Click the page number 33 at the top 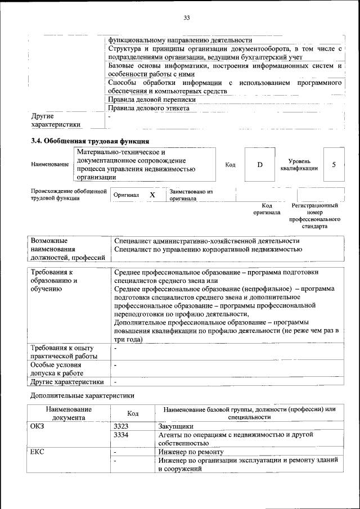pyautogui.click(x=186, y=18)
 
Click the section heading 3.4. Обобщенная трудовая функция pyautogui.click(x=90, y=141)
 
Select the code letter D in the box pyautogui.click(x=260, y=165)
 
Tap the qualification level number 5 pyautogui.click(x=334, y=165)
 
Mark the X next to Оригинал pyautogui.click(x=152, y=195)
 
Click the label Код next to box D pyautogui.click(x=230, y=165)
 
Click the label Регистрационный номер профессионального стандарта pyautogui.click(x=314, y=216)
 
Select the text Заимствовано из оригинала pyautogui.click(x=191, y=195)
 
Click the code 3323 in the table pyautogui.click(x=121, y=426)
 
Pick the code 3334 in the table pyautogui.click(x=121, y=435)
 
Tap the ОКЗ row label pyautogui.click(x=37, y=426)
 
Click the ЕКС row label pyautogui.click(x=37, y=452)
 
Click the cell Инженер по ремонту pyautogui.click(x=191, y=452)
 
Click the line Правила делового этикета pyautogui.click(x=148, y=108)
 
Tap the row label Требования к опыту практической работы pyautogui.click(x=63, y=352)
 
